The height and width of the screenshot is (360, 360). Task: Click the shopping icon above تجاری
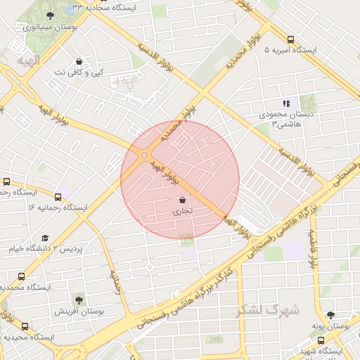pos(183,200)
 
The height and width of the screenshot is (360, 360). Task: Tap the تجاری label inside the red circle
pos(182,210)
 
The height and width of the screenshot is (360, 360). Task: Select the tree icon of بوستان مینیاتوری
pos(49,15)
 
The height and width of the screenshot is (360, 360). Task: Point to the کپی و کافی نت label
pos(78,72)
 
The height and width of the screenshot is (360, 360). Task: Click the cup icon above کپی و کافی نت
pos(79,61)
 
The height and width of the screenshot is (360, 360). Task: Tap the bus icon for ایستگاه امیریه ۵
pos(291,39)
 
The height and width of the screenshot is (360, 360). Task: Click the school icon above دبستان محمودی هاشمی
pos(285,103)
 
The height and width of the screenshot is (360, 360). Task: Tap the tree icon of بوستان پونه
pos(330,315)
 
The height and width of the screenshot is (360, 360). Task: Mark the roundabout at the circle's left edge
pos(144,155)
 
